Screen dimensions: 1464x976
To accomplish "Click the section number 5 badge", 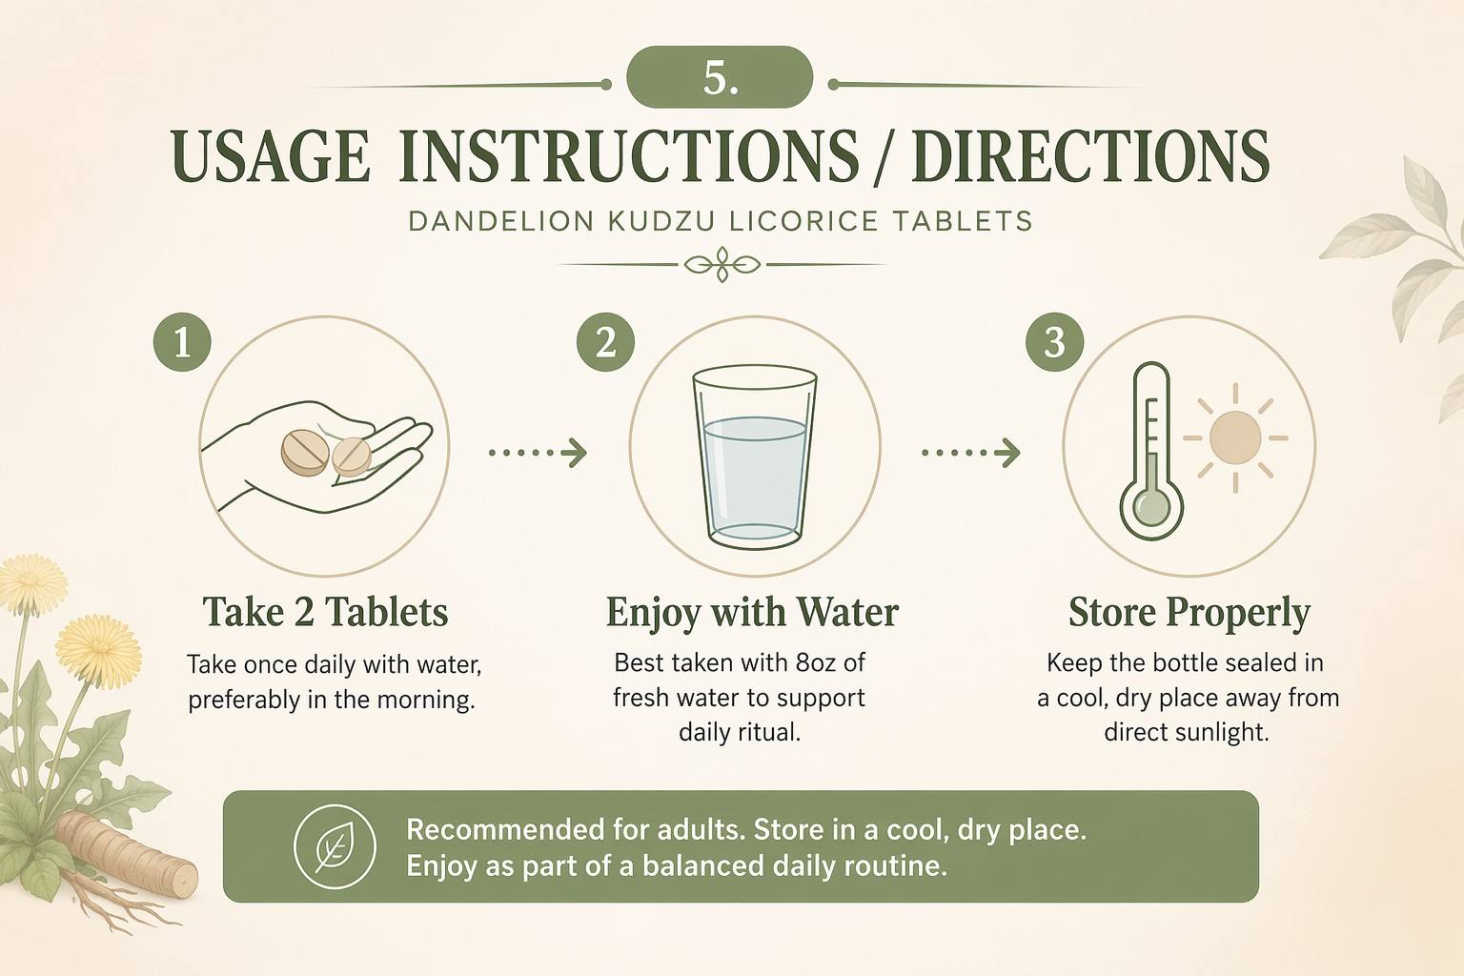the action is (x=720, y=77).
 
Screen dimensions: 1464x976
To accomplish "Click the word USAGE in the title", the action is (x=271, y=157).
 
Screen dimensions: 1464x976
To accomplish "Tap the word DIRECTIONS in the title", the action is (x=1090, y=157).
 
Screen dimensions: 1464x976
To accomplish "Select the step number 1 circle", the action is (x=182, y=342).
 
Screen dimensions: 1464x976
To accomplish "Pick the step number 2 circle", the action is (x=606, y=342).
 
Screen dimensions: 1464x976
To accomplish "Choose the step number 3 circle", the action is (x=1055, y=342).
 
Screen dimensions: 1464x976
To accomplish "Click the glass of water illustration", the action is (x=755, y=457).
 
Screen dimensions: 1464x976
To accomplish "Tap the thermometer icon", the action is (x=1151, y=451).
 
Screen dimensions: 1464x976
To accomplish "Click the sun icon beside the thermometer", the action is (x=1235, y=438).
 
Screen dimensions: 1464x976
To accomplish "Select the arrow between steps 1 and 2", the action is (x=538, y=453).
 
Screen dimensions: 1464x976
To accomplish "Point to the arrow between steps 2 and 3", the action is (x=971, y=453).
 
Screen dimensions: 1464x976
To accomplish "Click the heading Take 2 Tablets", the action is (x=325, y=613).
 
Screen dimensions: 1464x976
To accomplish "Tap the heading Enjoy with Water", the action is (x=752, y=614).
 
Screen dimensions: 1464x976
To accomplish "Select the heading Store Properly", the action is (x=1189, y=614).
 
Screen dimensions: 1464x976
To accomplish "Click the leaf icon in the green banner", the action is (x=335, y=846).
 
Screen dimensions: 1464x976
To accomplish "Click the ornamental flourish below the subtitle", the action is (x=722, y=265).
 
